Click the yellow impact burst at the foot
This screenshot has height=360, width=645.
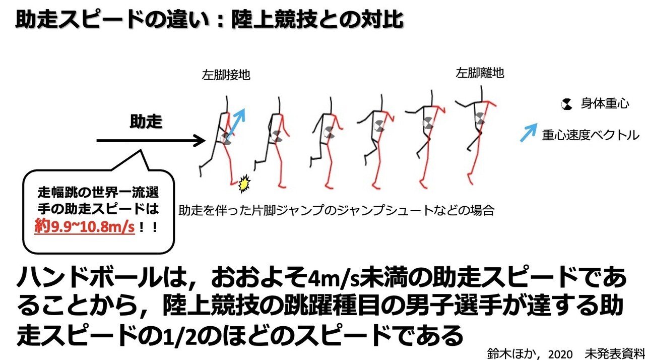244,185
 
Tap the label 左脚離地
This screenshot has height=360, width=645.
480,73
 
